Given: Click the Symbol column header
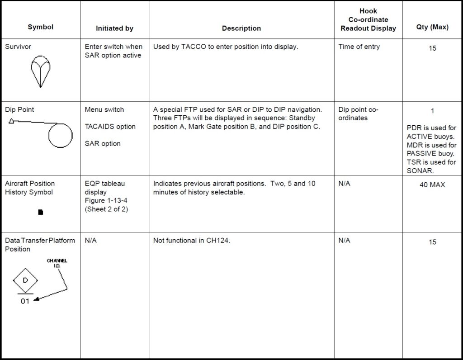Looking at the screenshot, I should click(x=40, y=27).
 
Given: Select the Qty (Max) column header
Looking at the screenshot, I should click(x=432, y=27).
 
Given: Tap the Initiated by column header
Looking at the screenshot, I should click(x=114, y=28).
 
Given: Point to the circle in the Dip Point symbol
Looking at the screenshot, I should click(x=60, y=135).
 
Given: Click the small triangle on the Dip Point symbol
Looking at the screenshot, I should click(x=11, y=121).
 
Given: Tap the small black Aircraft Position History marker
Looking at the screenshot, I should click(x=41, y=212).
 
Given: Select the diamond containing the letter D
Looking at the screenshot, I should click(x=25, y=281).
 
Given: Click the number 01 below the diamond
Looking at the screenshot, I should click(x=25, y=302).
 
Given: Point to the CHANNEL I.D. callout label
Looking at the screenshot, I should click(x=57, y=263).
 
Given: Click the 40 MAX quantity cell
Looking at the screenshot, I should click(x=432, y=185).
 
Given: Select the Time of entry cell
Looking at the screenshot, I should click(x=359, y=47).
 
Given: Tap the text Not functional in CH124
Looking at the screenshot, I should click(x=192, y=241).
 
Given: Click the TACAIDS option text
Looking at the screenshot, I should click(x=110, y=127).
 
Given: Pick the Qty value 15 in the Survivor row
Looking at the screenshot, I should click(x=432, y=48).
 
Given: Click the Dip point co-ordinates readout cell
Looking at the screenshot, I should click(x=358, y=114).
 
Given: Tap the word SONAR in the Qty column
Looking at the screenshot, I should click(x=420, y=171).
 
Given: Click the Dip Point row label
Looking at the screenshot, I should click(x=19, y=109).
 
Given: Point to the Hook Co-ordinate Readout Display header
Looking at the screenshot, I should click(x=368, y=20).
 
